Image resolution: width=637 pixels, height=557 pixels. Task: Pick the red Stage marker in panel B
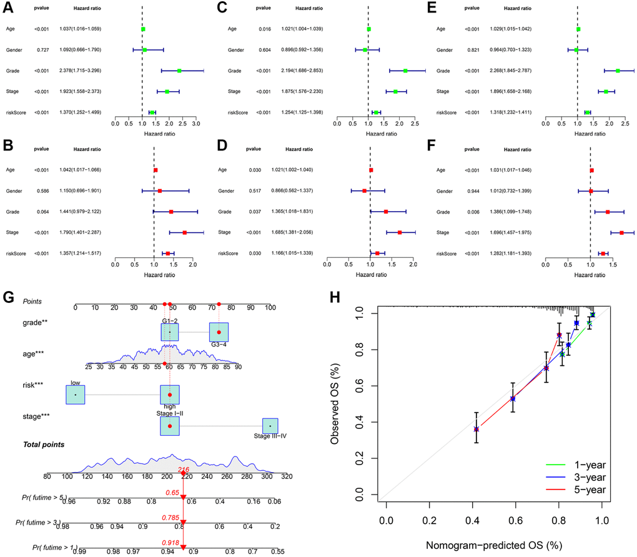[185, 232]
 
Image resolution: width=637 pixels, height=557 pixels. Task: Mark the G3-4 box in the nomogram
[219, 332]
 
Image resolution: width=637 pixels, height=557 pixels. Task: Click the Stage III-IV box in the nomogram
[270, 426]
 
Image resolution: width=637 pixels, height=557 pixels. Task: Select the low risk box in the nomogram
[75, 395]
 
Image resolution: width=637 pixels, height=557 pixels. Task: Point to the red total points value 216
[184, 469]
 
